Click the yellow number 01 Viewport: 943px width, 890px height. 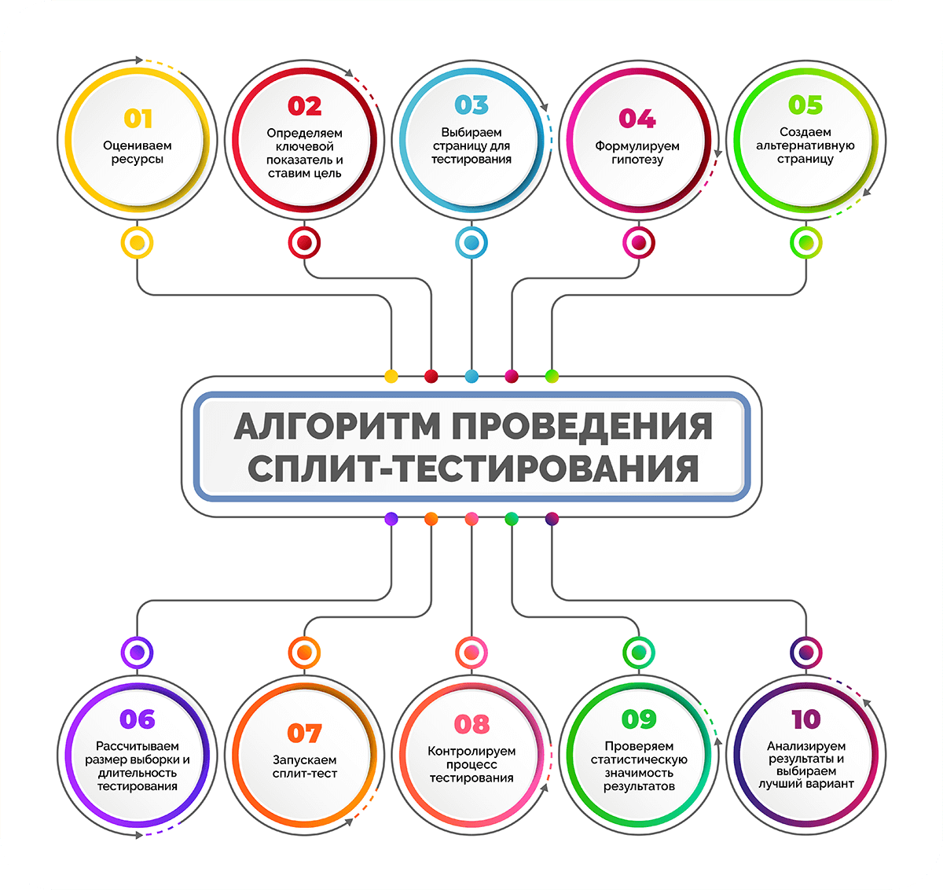click(x=138, y=119)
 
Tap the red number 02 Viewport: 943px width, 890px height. click(x=305, y=105)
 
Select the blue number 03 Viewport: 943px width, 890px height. click(x=472, y=105)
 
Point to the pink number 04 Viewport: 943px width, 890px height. click(x=637, y=119)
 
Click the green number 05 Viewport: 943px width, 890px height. click(x=805, y=105)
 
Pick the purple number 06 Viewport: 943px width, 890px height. click(x=138, y=719)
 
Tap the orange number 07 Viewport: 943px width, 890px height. click(x=305, y=733)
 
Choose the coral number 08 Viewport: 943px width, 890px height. click(x=472, y=724)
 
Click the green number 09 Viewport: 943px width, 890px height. click(x=638, y=719)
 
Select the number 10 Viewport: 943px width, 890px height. click(x=805, y=719)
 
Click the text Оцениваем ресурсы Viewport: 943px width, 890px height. click(x=138, y=153)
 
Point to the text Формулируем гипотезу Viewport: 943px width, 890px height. click(x=637, y=153)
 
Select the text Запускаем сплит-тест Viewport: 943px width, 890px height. click(x=305, y=767)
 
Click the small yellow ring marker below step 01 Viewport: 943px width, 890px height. click(x=138, y=243)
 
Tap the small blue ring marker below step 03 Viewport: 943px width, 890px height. click(x=472, y=243)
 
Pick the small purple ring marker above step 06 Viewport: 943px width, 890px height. click(x=138, y=652)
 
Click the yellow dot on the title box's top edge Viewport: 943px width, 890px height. click(x=391, y=376)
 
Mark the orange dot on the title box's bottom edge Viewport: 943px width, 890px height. click(x=431, y=519)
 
